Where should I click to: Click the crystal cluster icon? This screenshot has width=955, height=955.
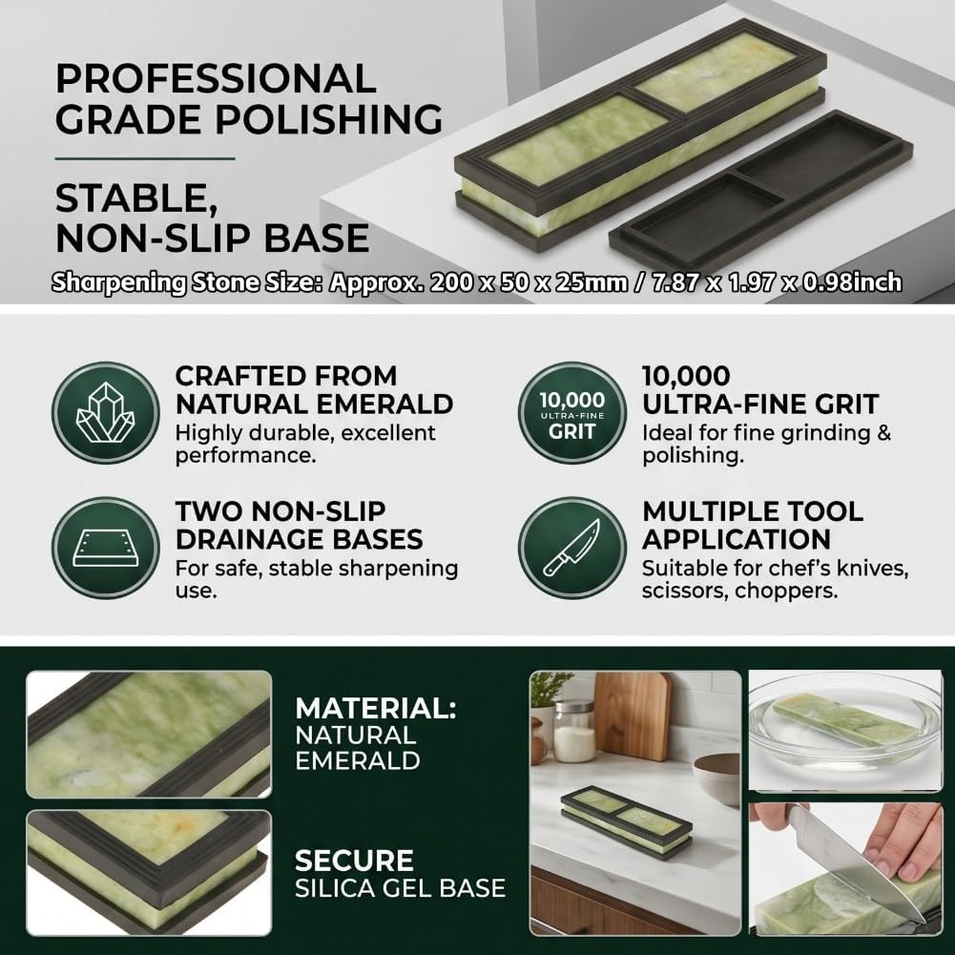tap(105, 413)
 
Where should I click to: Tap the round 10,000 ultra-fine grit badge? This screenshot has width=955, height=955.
tap(571, 413)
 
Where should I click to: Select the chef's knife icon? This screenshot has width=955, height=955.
tap(571, 549)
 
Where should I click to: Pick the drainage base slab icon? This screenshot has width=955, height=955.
tap(105, 549)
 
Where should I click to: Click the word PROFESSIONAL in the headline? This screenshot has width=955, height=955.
tap(216, 79)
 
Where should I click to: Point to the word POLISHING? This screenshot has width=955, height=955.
tap(329, 118)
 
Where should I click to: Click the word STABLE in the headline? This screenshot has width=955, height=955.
tap(137, 198)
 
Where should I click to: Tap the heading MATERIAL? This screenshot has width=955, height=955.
tap(376, 708)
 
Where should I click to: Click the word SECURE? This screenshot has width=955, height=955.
tap(355, 861)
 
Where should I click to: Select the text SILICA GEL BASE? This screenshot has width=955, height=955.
tap(400, 888)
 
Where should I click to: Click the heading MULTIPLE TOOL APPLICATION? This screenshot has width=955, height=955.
tap(753, 525)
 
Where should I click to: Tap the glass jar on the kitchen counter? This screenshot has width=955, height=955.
tap(573, 731)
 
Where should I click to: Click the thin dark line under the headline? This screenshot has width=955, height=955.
tap(145, 158)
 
